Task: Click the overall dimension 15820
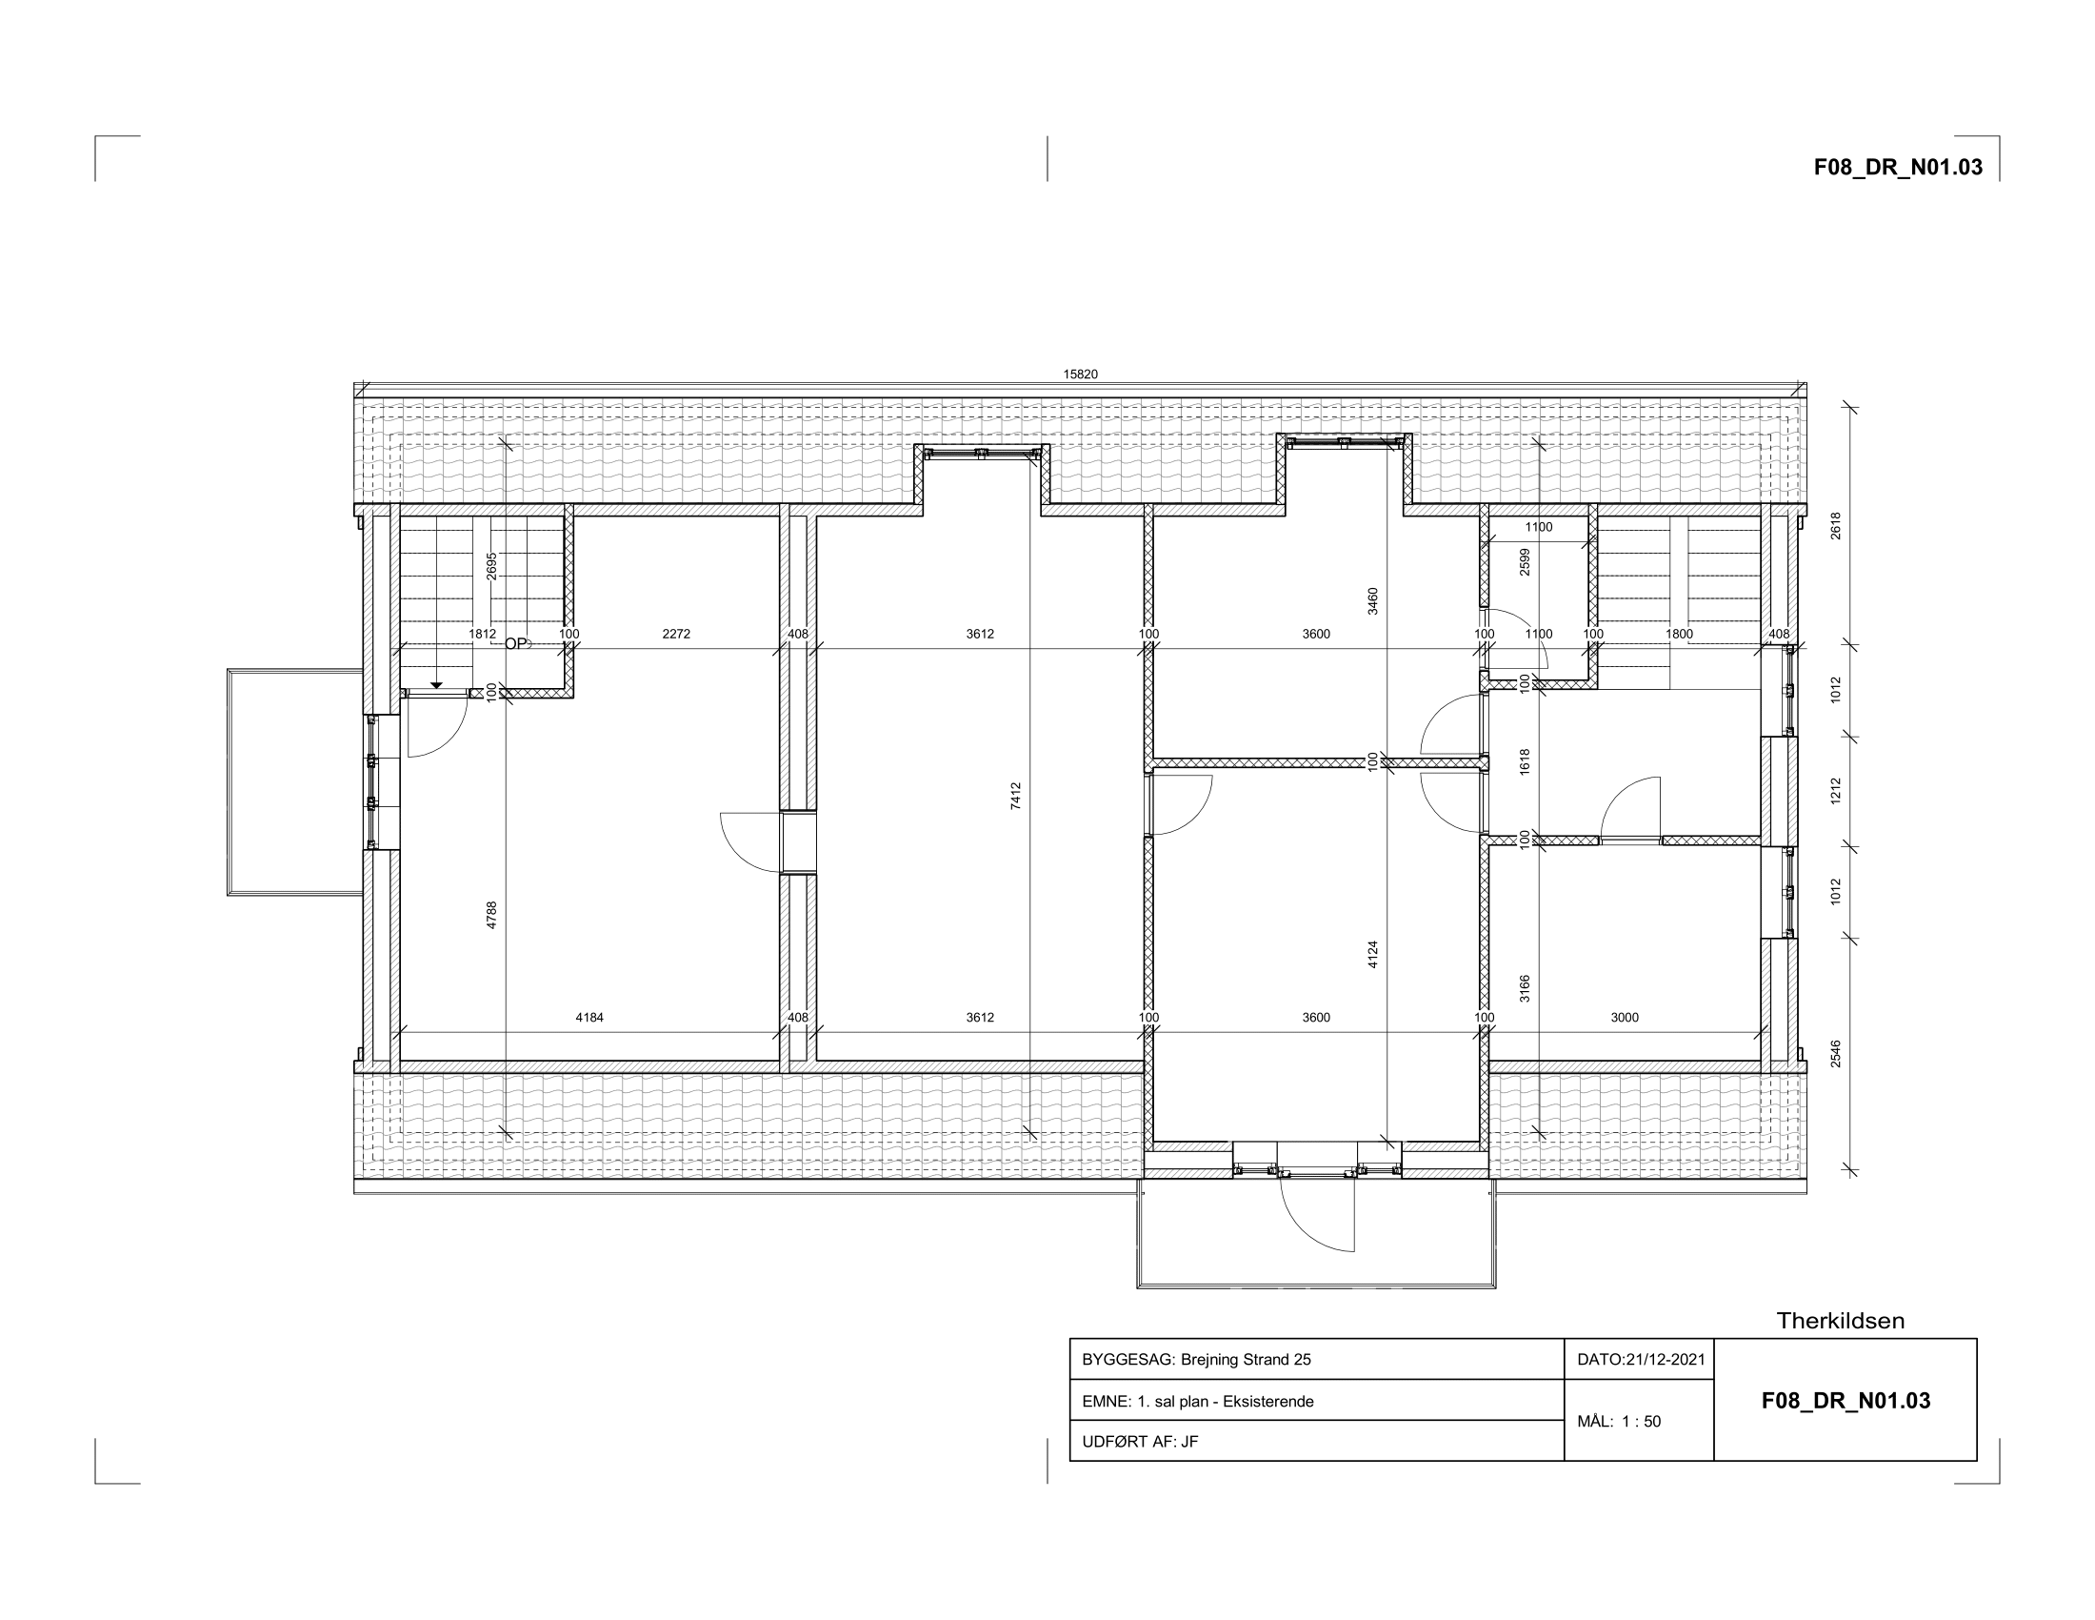[1080, 375]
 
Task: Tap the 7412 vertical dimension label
[1016, 796]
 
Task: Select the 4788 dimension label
[492, 915]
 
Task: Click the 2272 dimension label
[676, 634]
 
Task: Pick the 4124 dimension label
[1372, 954]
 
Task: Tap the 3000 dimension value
[1625, 1018]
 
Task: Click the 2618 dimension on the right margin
[1836, 526]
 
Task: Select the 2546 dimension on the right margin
[1836, 1054]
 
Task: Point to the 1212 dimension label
[1836, 791]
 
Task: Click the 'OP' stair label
[516, 644]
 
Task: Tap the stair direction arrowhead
[436, 685]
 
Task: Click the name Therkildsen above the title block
[1841, 1321]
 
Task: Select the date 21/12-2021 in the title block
[1666, 1359]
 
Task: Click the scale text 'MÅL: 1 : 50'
[1619, 1422]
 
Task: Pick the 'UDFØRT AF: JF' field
[1140, 1442]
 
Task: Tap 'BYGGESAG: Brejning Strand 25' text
[1196, 1359]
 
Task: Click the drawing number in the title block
[1846, 1400]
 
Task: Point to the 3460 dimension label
[1372, 601]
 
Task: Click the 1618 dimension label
[1526, 762]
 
